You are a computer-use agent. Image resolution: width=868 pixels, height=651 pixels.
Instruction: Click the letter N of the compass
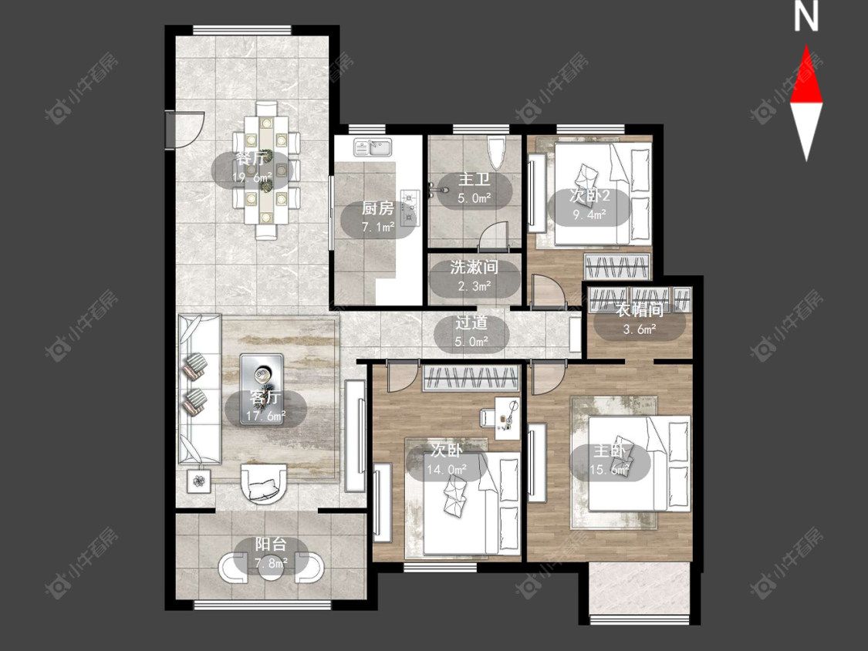coord(806,17)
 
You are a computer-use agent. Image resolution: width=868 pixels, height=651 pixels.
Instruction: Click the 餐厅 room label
coord(251,158)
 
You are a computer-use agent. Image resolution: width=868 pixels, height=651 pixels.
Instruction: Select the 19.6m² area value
coord(252,177)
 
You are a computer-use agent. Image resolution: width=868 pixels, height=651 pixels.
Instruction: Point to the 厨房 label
coord(377,208)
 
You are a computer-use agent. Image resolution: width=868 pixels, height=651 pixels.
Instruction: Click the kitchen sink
coord(373,147)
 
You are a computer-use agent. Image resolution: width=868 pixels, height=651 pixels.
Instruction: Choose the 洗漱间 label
coord(474,268)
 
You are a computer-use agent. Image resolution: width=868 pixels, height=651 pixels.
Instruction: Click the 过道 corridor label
coord(471,322)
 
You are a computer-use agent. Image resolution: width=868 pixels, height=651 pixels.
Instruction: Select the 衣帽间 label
coord(640,310)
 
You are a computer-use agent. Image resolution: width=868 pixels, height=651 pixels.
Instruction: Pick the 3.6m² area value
coord(640,329)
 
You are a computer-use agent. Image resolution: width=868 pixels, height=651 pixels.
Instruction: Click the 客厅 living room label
coord(265,397)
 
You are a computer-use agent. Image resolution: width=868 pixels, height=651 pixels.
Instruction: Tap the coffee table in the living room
coord(262,390)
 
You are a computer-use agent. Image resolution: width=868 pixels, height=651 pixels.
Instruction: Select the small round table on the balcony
coord(271,568)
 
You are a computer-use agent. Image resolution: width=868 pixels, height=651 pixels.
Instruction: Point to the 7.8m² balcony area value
coord(271,564)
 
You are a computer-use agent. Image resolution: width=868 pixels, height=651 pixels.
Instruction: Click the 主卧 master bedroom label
coord(609,451)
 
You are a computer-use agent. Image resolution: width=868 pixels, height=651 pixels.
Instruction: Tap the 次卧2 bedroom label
coord(589,196)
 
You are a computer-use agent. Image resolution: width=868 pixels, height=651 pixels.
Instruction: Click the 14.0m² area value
coord(446,470)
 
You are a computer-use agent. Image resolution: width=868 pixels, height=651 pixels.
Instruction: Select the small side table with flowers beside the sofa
coord(199,481)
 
